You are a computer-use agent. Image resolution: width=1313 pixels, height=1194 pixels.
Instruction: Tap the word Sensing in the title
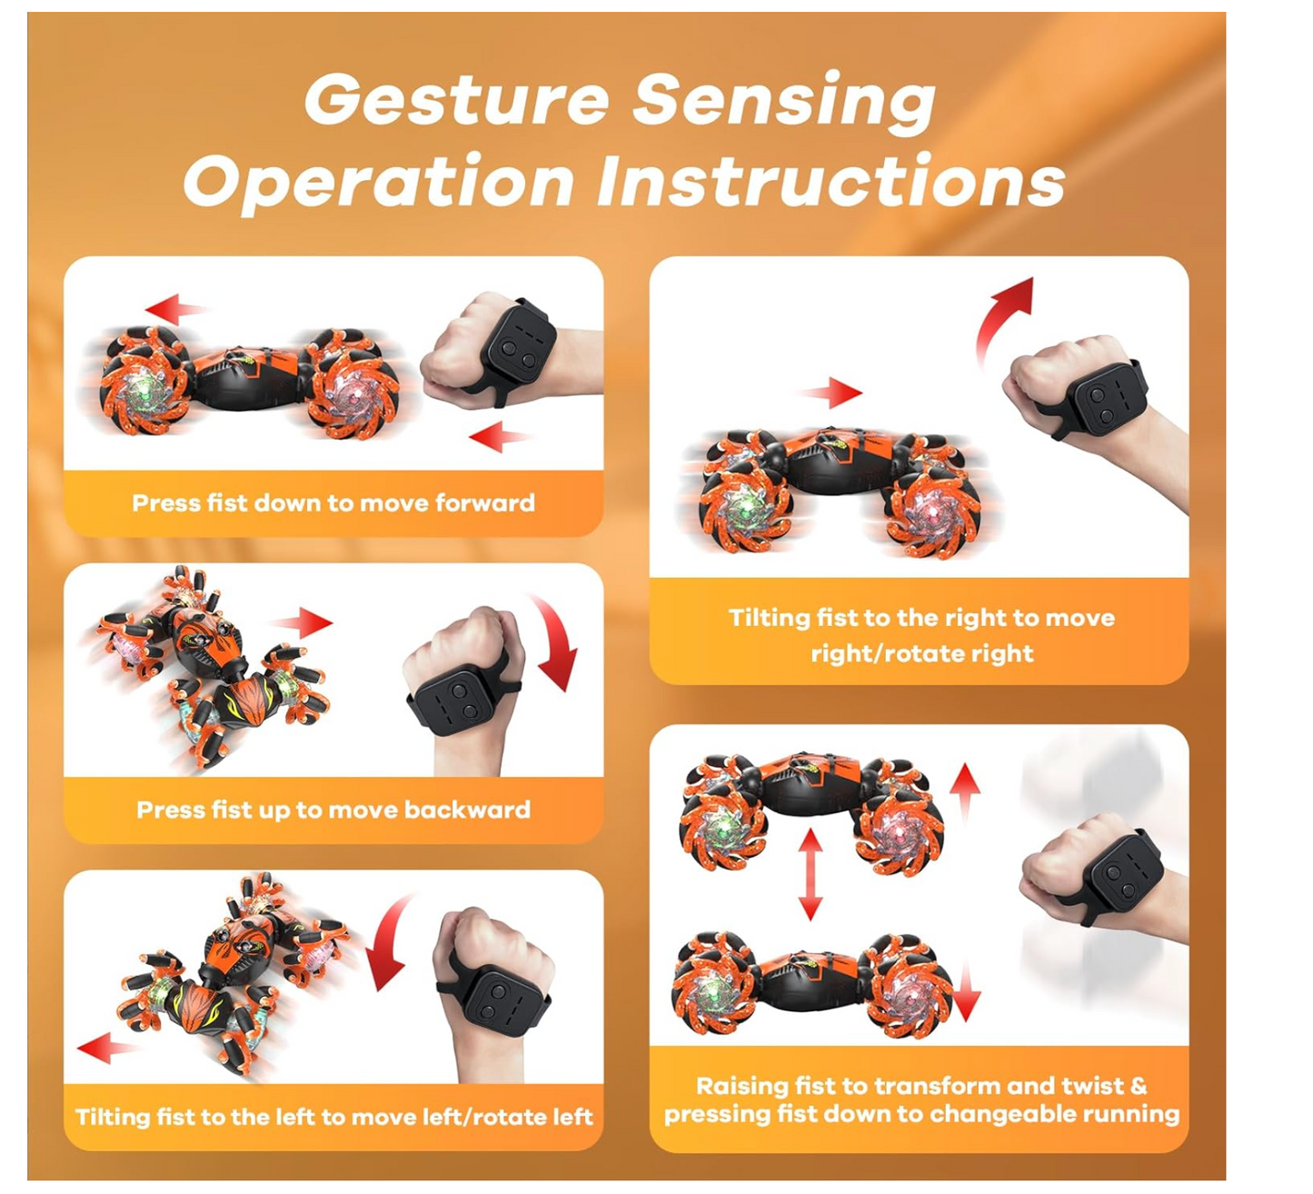(x=784, y=103)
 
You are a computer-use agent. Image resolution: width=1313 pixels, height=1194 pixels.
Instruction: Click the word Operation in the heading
(x=380, y=184)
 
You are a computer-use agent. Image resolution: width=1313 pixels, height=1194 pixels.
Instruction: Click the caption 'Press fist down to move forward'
(x=333, y=502)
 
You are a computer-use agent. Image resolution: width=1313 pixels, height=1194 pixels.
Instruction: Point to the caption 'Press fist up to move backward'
(x=333, y=810)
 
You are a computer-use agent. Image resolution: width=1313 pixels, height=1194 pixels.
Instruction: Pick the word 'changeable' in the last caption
(x=1000, y=1114)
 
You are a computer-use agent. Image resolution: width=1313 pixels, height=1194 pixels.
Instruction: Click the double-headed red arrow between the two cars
(x=811, y=874)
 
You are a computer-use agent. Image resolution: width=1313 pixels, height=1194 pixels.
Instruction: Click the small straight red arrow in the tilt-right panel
(x=831, y=393)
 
